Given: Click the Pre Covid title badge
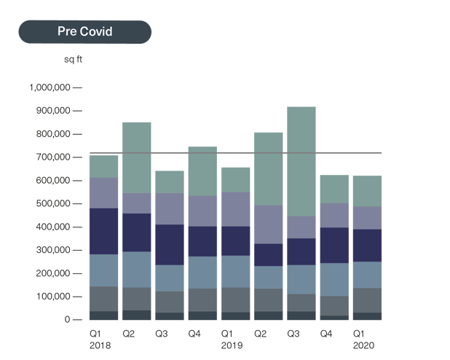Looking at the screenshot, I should pos(85,32).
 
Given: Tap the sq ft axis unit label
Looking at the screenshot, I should pos(73,59).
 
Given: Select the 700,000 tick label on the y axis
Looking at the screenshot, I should pos(52,157).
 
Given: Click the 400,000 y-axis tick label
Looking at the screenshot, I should pos(52,227).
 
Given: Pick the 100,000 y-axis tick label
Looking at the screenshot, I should pos(52,297).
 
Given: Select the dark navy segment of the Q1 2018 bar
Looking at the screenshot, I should pos(103,231).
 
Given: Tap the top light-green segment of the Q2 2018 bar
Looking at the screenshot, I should pos(136,157).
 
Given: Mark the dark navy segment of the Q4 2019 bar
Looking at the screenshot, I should pos(334,245).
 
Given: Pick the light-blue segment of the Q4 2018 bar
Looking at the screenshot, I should pos(202,273).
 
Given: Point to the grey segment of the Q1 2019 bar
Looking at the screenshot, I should pos(235,300).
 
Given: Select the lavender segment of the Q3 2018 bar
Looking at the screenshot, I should pos(170,208).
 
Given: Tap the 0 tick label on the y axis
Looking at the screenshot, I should pos(66,320).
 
